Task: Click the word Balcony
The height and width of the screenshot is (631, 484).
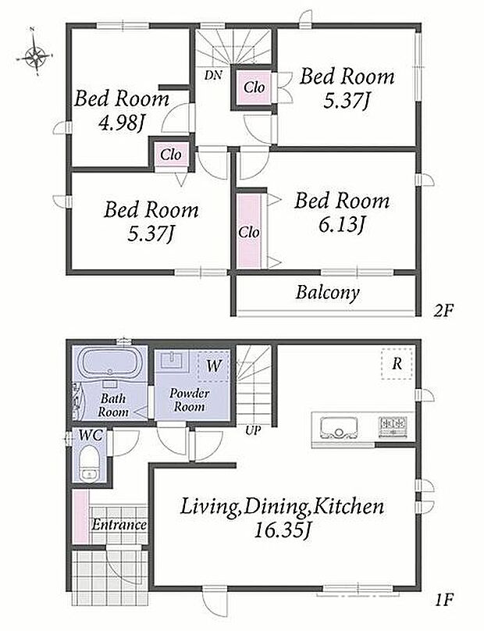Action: pos(328,293)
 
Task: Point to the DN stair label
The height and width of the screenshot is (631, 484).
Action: pos(213,75)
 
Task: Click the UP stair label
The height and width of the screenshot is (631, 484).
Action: pos(253,431)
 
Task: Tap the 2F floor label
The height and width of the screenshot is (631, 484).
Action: pos(443,311)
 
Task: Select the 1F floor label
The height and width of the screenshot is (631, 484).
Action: pos(444,601)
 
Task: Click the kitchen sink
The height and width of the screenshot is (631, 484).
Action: pos(339,427)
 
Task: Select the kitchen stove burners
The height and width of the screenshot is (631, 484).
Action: pos(393,425)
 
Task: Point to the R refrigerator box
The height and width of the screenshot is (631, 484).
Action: pos(397,363)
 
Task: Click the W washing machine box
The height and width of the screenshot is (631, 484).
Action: pos(213,365)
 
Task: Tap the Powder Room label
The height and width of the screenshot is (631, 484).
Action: pos(189,400)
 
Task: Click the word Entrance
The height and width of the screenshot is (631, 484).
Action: pos(119,525)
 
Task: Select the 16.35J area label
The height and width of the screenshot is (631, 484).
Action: pos(282,530)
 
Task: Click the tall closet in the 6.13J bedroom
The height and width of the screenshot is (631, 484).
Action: pos(249,231)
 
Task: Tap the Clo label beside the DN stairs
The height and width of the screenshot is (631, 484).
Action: pos(254,87)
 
